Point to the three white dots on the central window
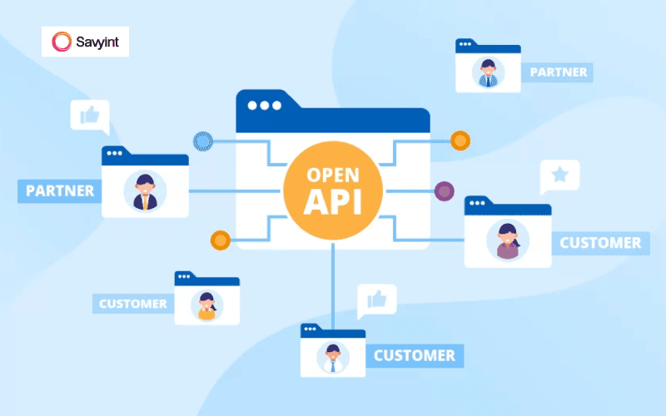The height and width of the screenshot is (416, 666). point(265,106)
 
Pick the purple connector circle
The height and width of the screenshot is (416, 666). point(445,191)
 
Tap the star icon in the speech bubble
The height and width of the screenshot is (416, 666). point(560,175)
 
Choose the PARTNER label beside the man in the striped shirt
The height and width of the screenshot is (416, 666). point(558,72)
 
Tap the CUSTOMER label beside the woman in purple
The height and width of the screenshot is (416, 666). point(599,243)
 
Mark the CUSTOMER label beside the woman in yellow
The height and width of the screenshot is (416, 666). point(132,304)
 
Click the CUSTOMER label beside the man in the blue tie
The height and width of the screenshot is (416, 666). point(415,356)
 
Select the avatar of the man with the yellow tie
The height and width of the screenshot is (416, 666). point(145,192)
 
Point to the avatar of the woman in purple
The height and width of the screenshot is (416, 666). point(507,240)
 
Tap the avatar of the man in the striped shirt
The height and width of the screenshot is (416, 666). point(488,72)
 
